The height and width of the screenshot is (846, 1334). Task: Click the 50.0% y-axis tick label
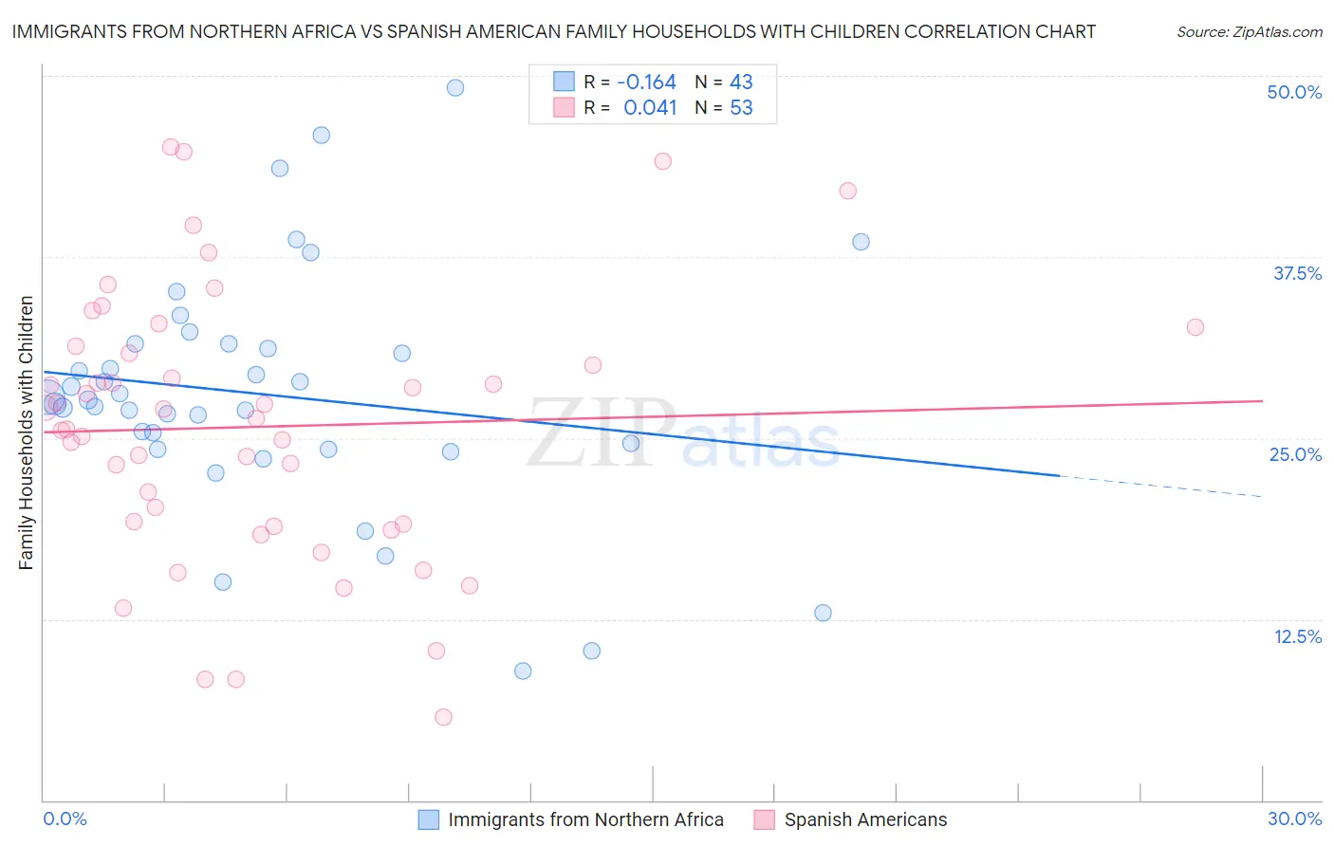(1294, 92)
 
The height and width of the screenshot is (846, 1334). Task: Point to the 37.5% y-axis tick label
(1297, 273)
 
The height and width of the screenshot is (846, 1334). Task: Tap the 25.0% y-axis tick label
(1295, 454)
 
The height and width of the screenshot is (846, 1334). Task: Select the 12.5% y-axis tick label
(1297, 636)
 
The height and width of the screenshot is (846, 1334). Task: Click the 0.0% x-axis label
(65, 818)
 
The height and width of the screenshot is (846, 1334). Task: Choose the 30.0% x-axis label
(1294, 818)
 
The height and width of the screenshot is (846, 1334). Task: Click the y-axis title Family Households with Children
(26, 432)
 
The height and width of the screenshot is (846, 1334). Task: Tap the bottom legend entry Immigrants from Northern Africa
(584, 819)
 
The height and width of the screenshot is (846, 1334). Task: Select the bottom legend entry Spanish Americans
(864, 819)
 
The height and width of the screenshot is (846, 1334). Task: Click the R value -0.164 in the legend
(646, 82)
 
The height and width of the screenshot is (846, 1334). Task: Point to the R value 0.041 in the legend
(650, 107)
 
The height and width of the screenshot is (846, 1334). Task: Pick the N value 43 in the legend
(741, 82)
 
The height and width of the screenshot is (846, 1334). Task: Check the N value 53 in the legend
(741, 107)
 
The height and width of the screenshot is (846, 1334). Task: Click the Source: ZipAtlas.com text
(1249, 31)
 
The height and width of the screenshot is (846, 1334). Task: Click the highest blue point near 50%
(455, 87)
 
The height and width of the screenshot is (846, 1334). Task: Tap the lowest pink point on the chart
(443, 717)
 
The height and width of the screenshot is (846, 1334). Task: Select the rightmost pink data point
(1195, 327)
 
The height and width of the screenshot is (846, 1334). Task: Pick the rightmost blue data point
(861, 242)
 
